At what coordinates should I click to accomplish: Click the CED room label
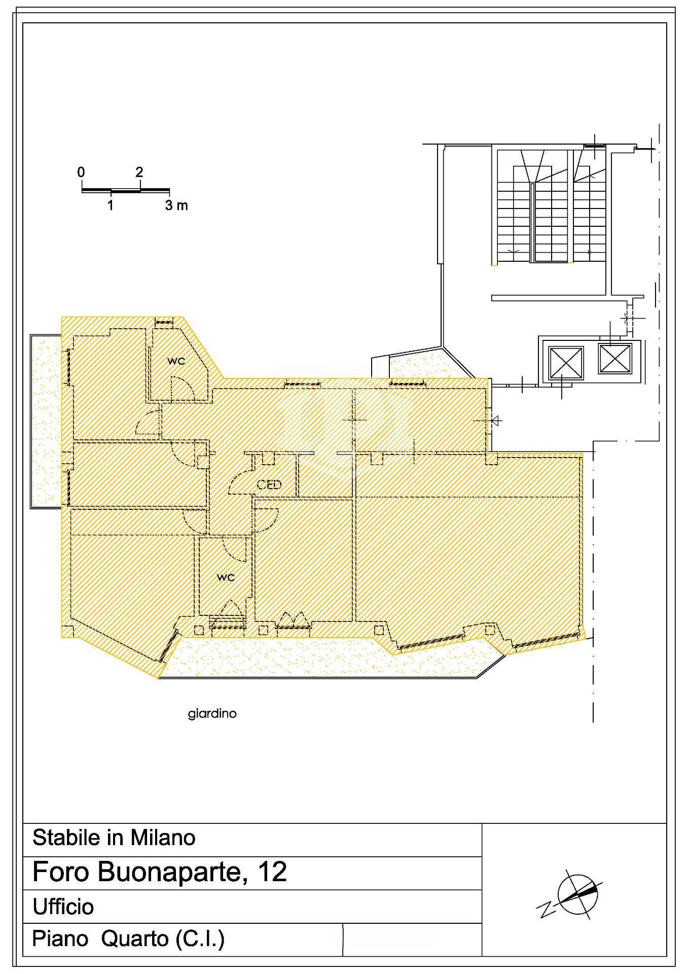(x=269, y=484)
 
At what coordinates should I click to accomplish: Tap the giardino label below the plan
(x=212, y=714)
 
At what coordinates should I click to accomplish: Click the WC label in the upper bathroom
(x=176, y=361)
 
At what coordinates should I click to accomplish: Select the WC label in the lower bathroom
(x=226, y=577)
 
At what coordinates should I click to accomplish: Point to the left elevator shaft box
(x=564, y=361)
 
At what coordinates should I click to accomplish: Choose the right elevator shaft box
(x=614, y=359)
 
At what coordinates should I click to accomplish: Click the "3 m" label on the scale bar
(x=176, y=205)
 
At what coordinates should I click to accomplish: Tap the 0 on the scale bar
(x=81, y=172)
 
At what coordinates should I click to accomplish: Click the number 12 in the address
(x=272, y=871)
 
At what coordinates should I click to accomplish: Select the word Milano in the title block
(x=163, y=838)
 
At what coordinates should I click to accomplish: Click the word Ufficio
(x=63, y=907)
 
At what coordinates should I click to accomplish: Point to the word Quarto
(x=135, y=938)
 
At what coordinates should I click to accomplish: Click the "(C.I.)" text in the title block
(x=200, y=939)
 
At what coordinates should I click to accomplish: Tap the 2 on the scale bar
(x=139, y=172)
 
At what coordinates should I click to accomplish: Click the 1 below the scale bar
(x=111, y=205)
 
